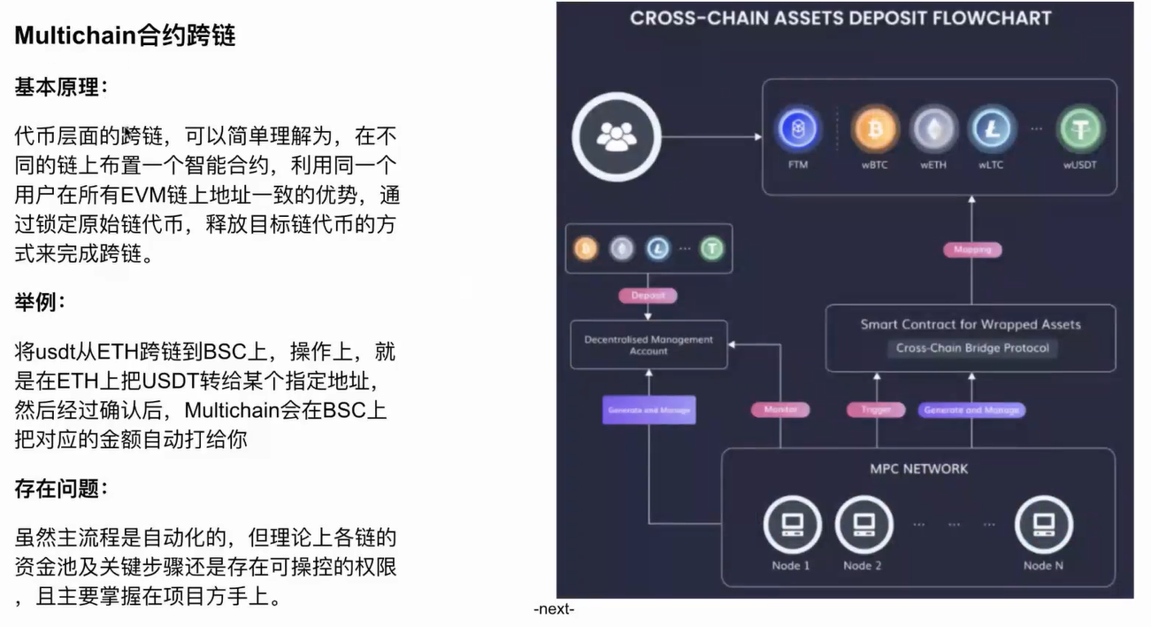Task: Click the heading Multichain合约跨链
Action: (125, 35)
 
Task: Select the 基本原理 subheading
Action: (61, 88)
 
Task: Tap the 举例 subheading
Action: (39, 303)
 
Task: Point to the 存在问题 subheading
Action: (61, 488)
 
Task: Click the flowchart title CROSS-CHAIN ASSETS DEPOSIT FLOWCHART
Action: (840, 18)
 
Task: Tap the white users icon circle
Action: (617, 136)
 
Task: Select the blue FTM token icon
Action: (798, 131)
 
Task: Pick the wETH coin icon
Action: (933, 131)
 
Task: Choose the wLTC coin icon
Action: (990, 131)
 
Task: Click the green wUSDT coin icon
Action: (1080, 131)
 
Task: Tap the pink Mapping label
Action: (971, 250)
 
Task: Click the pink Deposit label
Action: (648, 295)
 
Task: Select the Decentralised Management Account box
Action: (648, 344)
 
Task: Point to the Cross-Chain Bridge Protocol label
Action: (971, 348)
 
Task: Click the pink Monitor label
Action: (780, 410)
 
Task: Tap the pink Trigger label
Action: (876, 410)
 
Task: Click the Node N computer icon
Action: (1043, 524)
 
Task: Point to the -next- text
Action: (554, 610)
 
